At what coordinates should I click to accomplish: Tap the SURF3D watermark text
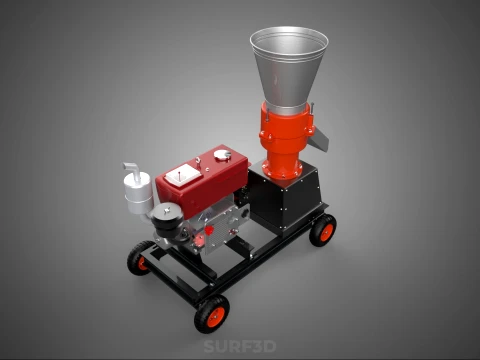(240, 347)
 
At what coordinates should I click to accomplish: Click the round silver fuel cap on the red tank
(222, 155)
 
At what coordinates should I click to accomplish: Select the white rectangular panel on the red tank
(183, 175)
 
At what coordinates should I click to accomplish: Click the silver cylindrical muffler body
(138, 194)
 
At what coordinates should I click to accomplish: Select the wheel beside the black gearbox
(323, 230)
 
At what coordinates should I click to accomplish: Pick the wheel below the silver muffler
(140, 258)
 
